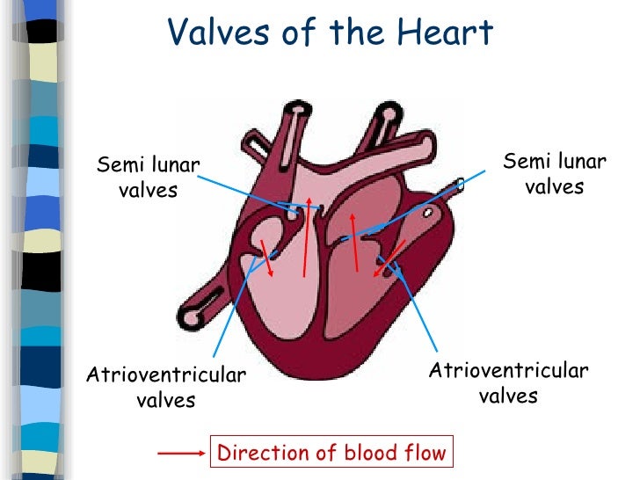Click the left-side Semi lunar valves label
tap(148, 177)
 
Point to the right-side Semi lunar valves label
tap(554, 173)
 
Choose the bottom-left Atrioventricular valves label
tap(166, 388)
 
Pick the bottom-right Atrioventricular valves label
tap(508, 382)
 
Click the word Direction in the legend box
tap(256, 454)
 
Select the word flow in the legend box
tap(425, 454)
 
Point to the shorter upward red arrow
tap(354, 244)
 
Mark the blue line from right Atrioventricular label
tap(418, 304)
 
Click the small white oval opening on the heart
tap(428, 213)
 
